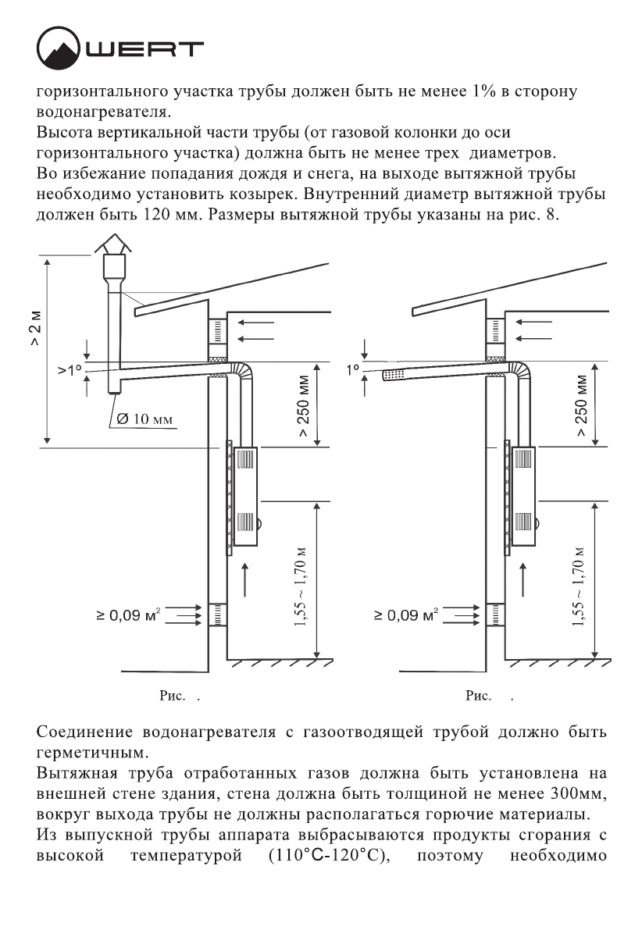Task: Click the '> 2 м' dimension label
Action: pos(36,331)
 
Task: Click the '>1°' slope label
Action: pos(70,369)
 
